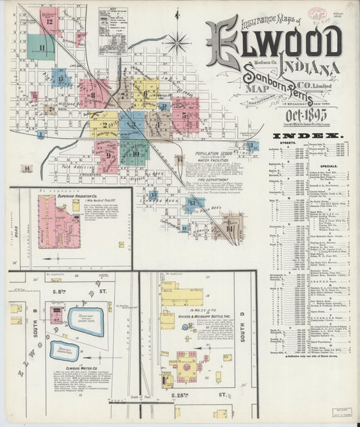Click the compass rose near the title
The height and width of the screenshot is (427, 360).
coord(178,43)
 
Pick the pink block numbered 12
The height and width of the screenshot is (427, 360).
coord(49,22)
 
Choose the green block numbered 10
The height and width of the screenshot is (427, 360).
coord(134,153)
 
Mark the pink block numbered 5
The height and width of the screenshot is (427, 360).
coord(184,115)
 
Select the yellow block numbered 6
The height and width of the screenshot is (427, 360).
coord(145,93)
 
